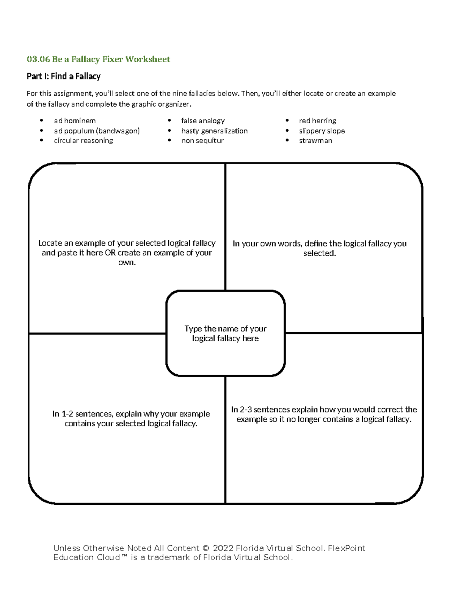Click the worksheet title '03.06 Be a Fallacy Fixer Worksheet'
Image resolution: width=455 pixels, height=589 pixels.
[98, 59]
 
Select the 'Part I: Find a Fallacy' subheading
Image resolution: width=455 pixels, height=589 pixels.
[63, 76]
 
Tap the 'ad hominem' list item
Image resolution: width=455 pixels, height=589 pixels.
[75, 121]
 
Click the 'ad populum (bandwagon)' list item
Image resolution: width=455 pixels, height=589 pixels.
[97, 130]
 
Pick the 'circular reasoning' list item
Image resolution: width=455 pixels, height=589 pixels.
[83, 140]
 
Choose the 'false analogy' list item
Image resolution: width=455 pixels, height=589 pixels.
[203, 121]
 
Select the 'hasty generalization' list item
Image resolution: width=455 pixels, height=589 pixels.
[214, 130]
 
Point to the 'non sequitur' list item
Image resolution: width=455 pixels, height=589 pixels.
[202, 140]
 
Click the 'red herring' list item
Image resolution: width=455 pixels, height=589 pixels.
[317, 121]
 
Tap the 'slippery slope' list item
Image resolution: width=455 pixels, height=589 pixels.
[322, 130]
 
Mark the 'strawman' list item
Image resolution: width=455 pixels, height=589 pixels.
[315, 140]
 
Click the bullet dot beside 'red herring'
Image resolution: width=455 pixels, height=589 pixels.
[288, 121]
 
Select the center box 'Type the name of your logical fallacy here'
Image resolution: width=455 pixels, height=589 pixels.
[225, 333]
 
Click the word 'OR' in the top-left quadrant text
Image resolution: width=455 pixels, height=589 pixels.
[110, 253]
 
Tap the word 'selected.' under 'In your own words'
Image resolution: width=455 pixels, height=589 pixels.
[320, 253]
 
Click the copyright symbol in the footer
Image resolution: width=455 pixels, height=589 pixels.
[206, 548]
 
